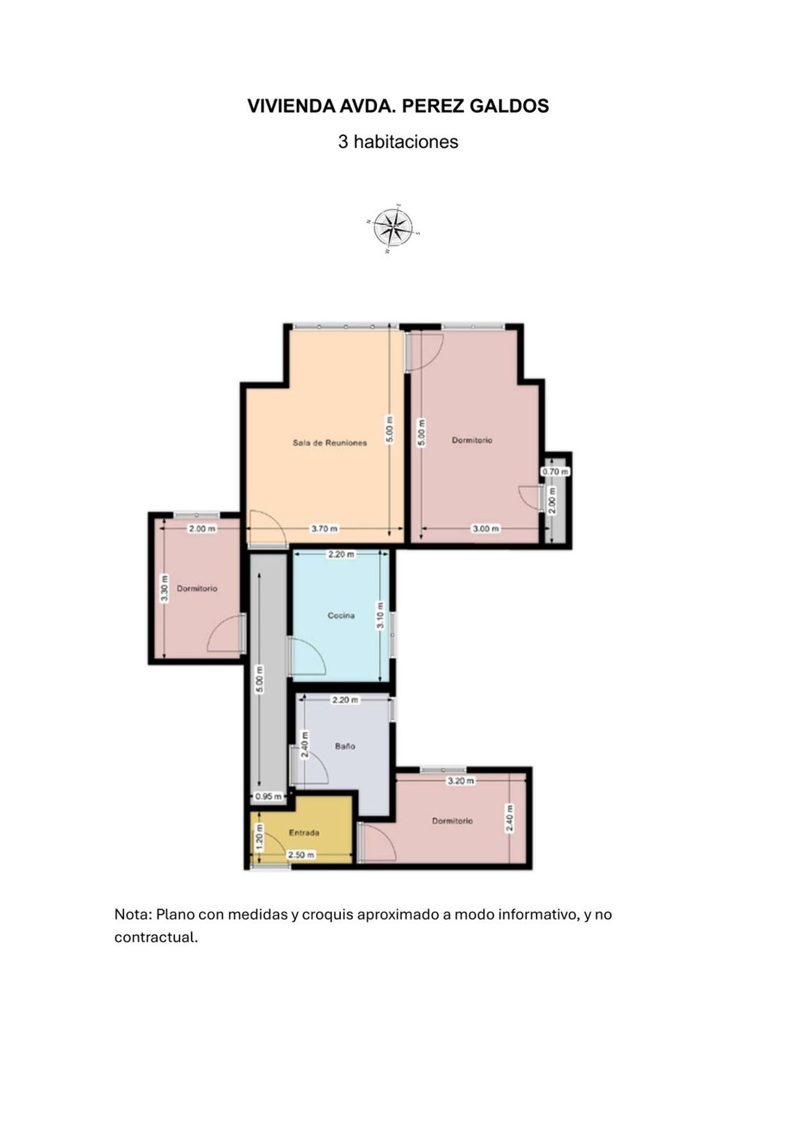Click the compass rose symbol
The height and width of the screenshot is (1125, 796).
point(393,228)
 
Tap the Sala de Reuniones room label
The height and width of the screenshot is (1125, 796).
point(330,443)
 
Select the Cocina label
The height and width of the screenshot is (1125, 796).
point(341,616)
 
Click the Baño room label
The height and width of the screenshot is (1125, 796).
point(345,746)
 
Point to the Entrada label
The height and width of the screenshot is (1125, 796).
point(304,833)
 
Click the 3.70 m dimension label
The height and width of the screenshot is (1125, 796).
point(324,528)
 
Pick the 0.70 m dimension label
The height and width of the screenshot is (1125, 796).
point(555,471)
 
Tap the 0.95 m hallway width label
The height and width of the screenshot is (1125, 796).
point(268,796)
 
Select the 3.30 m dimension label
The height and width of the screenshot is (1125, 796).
point(165,588)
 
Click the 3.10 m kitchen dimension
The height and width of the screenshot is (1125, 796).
point(380,615)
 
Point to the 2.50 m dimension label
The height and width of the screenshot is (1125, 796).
point(301,854)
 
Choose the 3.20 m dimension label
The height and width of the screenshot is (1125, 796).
point(461,781)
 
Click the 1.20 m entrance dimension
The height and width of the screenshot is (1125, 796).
point(259,836)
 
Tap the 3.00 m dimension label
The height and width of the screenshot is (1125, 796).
point(486,528)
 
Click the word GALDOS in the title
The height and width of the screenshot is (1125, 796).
point(509,106)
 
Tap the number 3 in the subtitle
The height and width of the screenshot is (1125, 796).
point(343,142)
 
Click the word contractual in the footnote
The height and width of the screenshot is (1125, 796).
point(156,937)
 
